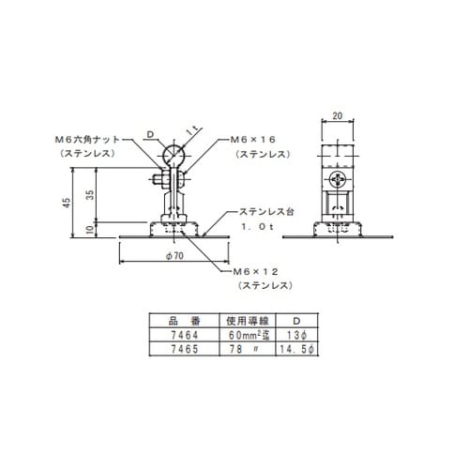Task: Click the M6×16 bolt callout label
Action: pos(253,140)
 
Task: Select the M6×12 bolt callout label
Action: pos(256,272)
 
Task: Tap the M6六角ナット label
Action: pos(87,140)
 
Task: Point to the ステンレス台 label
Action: pos(266,212)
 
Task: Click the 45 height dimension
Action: pos(67,203)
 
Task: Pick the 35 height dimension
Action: pos(90,195)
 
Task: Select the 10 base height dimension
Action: pos(90,229)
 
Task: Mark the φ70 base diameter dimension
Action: pos(174,256)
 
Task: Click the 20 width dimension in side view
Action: pos(338,115)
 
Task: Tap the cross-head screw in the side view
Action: pos(338,179)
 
